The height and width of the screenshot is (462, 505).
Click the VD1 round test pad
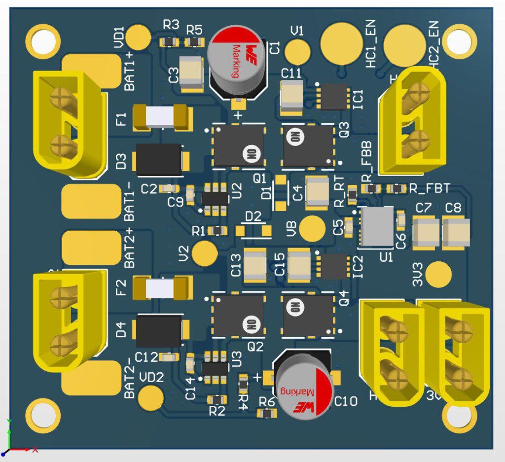(x=138, y=37)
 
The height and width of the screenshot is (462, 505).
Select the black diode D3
(x=159, y=159)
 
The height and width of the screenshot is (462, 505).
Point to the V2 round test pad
(x=204, y=253)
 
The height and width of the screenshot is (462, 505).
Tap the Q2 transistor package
(x=238, y=316)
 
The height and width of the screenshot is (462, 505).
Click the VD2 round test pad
(x=151, y=396)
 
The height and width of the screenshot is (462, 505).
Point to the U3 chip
(x=216, y=368)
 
